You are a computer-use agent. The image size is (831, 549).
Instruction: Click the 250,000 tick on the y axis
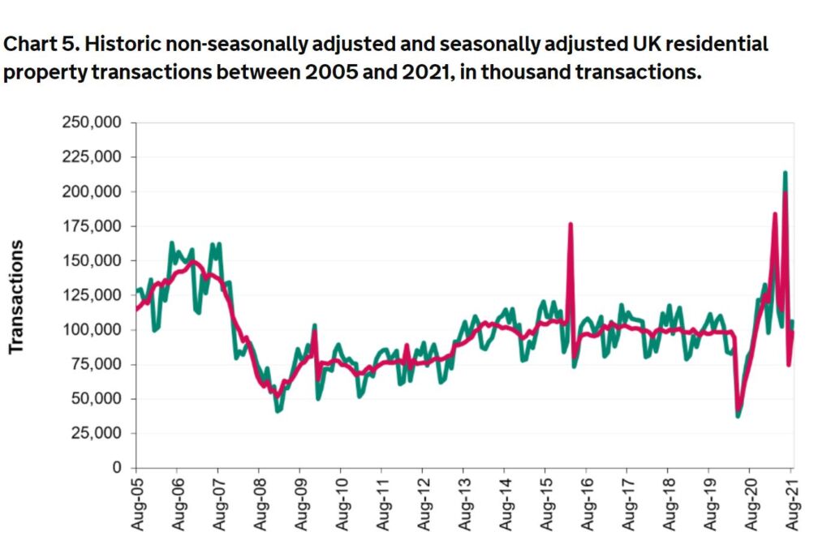(x=93, y=122)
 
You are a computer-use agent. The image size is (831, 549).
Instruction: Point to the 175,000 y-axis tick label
(x=93, y=226)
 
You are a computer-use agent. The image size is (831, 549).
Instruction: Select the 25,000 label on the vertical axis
(x=97, y=433)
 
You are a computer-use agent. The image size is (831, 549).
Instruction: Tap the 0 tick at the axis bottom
(x=117, y=468)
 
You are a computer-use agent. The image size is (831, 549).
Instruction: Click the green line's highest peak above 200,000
(x=785, y=172)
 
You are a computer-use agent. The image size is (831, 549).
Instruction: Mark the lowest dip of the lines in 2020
(x=738, y=415)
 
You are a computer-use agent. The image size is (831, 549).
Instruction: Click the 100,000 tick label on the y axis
(x=93, y=330)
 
